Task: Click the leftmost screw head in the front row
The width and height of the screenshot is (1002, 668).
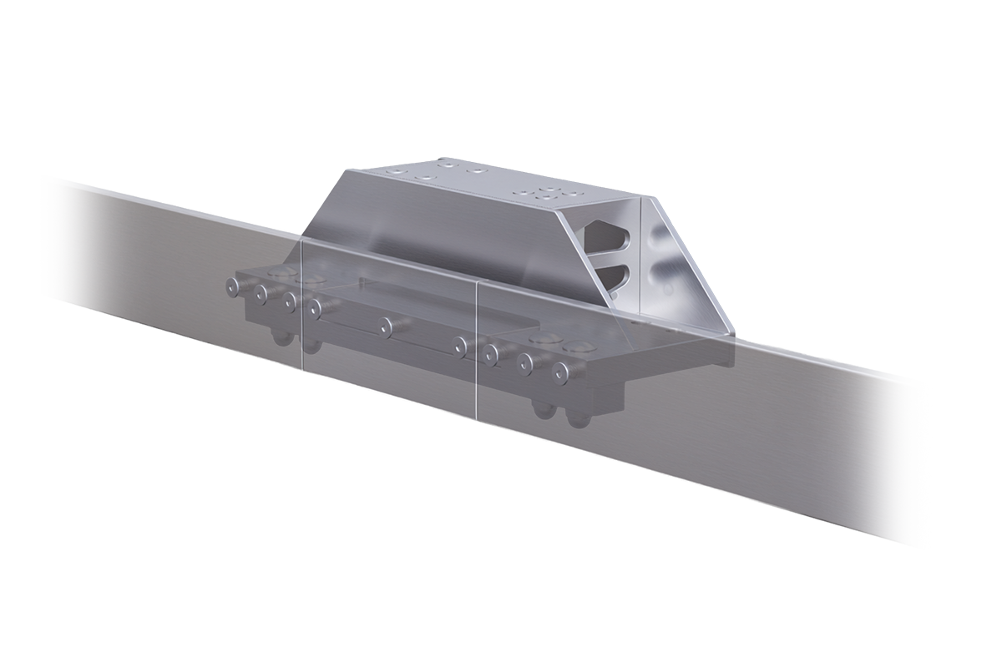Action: click(x=233, y=286)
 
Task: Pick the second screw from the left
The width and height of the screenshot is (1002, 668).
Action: click(x=261, y=294)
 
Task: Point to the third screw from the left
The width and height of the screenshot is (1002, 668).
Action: click(x=290, y=301)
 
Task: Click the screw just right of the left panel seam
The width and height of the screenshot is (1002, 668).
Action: click(x=315, y=308)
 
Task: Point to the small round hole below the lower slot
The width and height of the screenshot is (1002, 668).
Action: click(x=615, y=295)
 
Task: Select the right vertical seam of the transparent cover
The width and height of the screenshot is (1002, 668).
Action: click(x=477, y=351)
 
